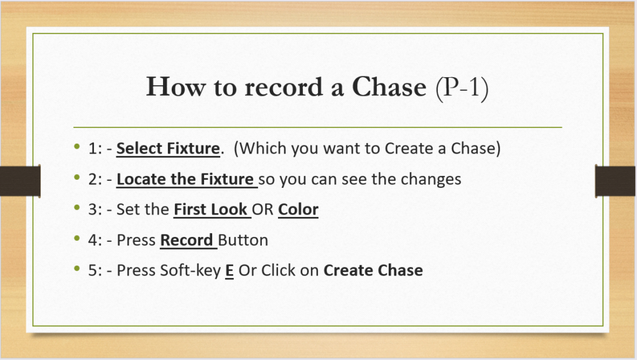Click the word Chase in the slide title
pos(389,87)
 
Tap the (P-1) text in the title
pos(462,88)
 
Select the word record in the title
pos(283,87)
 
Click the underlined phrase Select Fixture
pos(168,149)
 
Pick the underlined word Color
pos(298,210)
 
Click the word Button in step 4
pos(243,240)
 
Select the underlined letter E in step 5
pos(230,270)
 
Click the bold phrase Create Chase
pos(373,270)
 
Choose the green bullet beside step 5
pos(77,268)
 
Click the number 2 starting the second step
pos(93,180)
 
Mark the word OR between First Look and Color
pos(263,210)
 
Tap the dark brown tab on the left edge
pos(21,180)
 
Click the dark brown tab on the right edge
pos(615,180)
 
